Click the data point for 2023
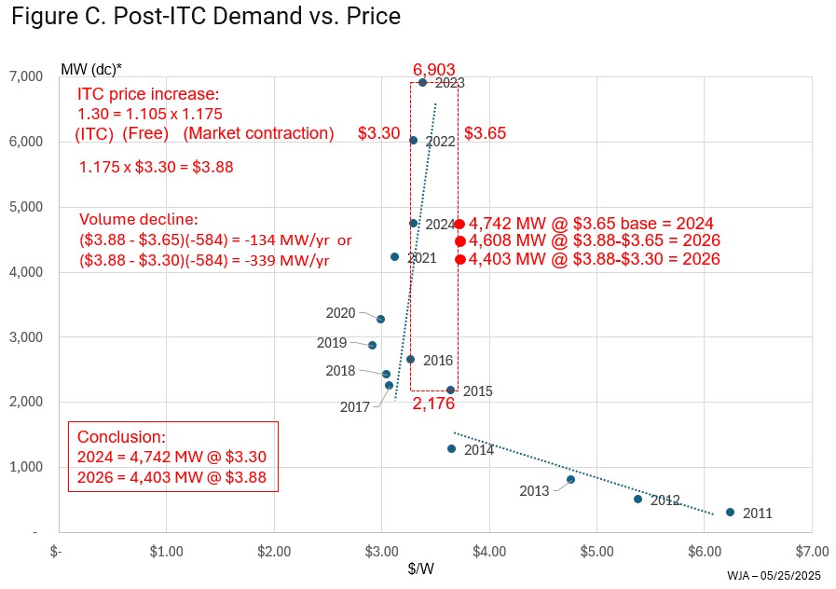pos(422,82)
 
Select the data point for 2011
pos(730,512)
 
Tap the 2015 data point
pos(450,390)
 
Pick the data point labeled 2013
pos(570,479)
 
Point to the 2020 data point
pos(380,319)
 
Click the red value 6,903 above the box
pos(433,70)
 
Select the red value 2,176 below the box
pos(433,404)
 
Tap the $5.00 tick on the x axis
pos(596,551)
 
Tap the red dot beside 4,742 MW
pos(459,224)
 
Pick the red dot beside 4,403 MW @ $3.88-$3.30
pos(459,259)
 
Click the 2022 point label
pos(440,142)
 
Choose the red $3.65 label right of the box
pos(485,133)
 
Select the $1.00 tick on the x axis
pos(166,551)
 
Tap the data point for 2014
pos(451,448)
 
